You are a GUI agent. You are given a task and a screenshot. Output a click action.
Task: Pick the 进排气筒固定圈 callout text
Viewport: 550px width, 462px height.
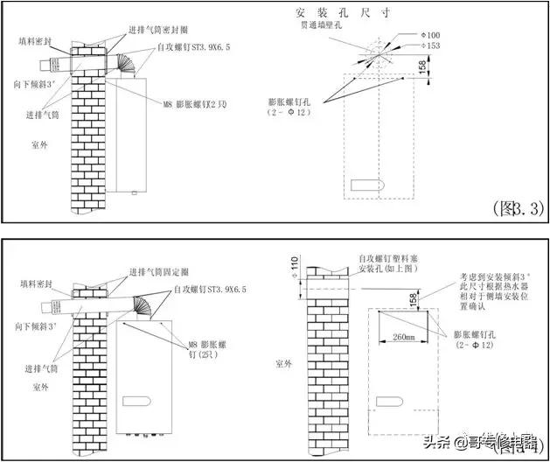[x=164, y=271]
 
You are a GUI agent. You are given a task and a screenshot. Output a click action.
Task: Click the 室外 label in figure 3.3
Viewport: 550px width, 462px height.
[x=37, y=143]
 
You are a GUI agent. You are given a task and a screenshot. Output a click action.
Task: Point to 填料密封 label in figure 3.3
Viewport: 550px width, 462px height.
[x=36, y=41]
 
